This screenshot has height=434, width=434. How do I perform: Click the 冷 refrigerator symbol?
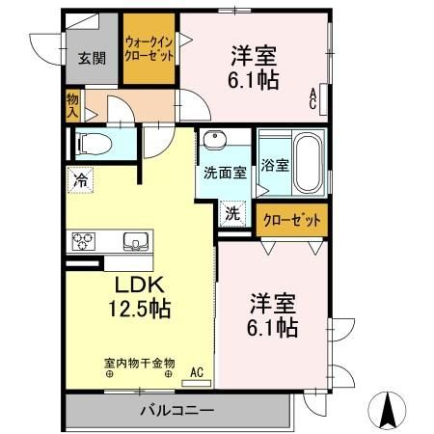(81, 179)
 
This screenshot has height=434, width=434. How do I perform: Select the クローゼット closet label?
(292, 220)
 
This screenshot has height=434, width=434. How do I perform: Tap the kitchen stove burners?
(82, 240)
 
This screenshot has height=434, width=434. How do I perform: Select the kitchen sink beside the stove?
(134, 240)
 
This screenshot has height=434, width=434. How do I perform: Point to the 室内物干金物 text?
(140, 364)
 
